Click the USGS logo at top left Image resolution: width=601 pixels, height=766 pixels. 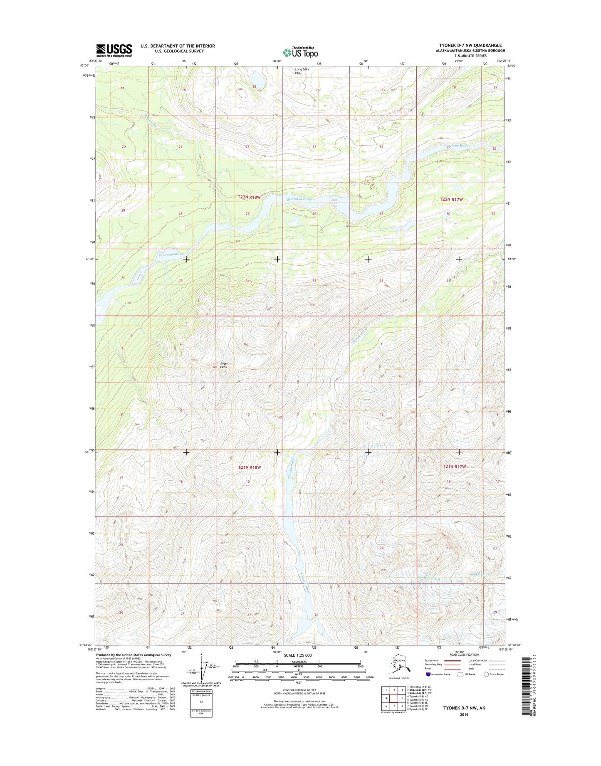point(114,50)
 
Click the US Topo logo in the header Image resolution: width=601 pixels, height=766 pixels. point(300,52)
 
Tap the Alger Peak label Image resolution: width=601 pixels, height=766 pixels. point(224,365)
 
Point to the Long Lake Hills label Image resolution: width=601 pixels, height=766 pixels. point(302,71)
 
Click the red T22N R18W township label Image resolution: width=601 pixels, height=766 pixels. point(249,197)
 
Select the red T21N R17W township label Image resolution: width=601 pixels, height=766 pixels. point(454,467)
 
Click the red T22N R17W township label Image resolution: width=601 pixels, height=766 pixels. point(451,200)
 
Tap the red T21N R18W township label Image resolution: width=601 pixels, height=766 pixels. point(249,467)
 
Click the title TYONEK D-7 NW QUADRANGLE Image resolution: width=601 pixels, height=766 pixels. point(470,45)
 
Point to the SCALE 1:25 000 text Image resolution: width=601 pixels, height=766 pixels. point(297,655)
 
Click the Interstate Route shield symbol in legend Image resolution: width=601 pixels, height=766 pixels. point(428,674)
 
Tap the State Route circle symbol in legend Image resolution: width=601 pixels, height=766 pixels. point(486,674)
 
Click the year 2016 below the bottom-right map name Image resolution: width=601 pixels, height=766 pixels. point(464,714)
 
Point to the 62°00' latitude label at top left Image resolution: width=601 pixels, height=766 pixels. point(84,66)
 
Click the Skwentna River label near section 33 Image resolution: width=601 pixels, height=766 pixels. point(171,254)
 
